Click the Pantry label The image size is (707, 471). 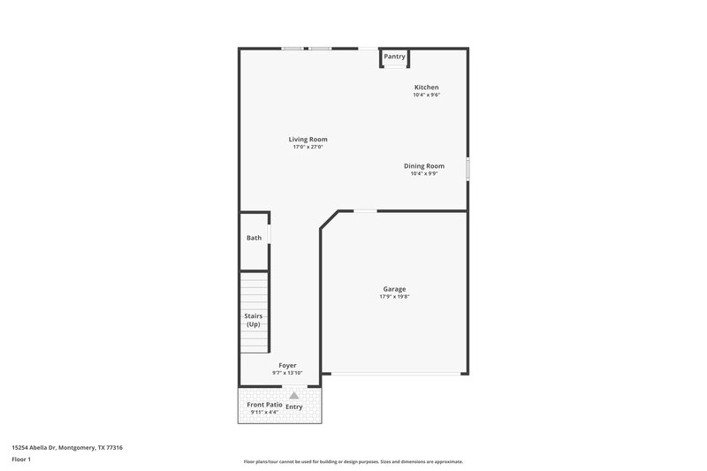click(395, 57)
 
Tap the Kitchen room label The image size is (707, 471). click(427, 87)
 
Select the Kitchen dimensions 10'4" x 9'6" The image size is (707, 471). click(427, 95)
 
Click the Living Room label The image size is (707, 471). click(308, 140)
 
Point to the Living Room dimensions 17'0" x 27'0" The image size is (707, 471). click(308, 148)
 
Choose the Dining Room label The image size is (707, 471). click(424, 166)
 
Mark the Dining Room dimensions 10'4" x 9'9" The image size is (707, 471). click(424, 174)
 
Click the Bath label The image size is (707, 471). click(254, 238)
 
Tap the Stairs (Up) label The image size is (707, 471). click(254, 320)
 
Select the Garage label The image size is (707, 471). click(394, 289)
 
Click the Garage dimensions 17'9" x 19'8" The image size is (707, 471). click(394, 297)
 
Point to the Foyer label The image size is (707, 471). click(287, 365)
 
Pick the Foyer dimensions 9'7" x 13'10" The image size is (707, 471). click(287, 373)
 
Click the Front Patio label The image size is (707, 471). click(264, 405)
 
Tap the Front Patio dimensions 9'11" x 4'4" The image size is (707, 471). click(264, 413)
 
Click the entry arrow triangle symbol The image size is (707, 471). click(294, 396)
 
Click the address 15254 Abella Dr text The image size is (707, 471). click(67, 448)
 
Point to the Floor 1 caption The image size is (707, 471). click(22, 460)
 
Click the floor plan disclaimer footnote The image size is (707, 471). click(353, 461)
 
